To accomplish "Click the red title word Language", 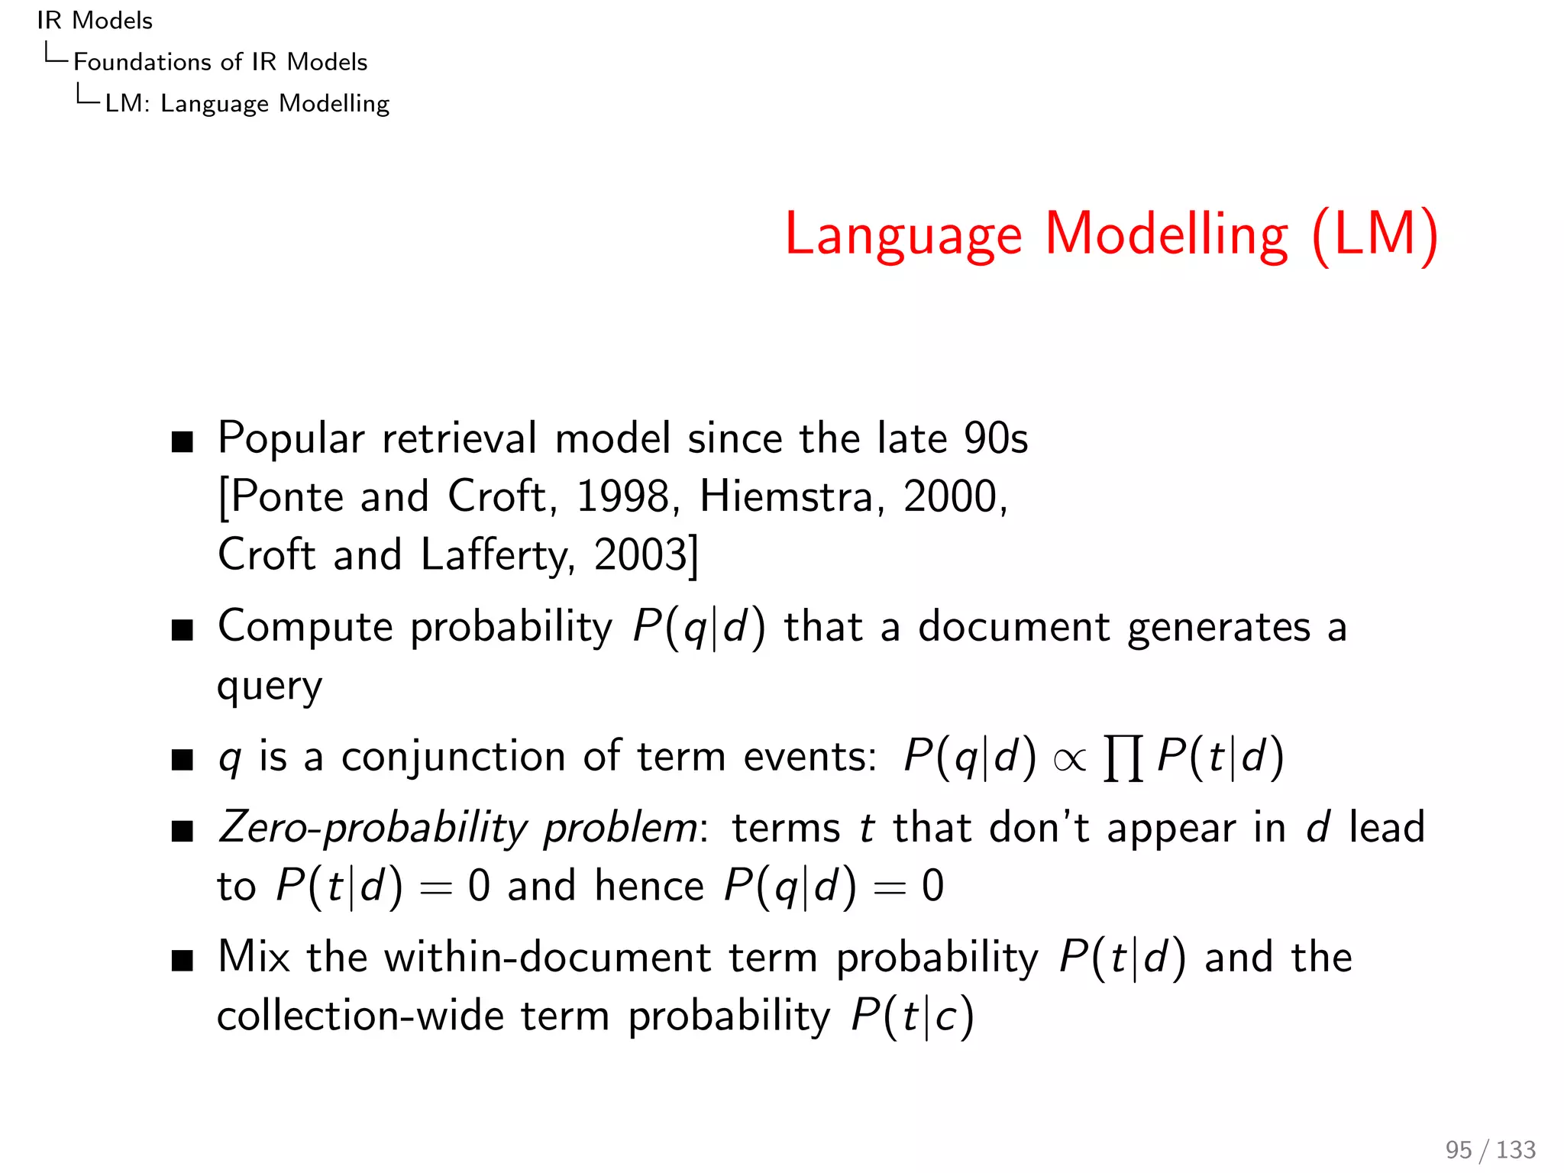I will [x=903, y=235].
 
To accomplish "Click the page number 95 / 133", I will [x=1490, y=1149].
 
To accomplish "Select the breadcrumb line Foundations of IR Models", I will [x=220, y=62].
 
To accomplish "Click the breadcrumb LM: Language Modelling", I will [x=247, y=103].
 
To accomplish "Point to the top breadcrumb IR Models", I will [x=95, y=21].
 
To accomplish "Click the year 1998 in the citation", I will [x=622, y=496].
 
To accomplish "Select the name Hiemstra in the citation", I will [x=786, y=496].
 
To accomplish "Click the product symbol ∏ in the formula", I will [x=1123, y=758].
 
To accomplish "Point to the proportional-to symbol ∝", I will [x=1069, y=759].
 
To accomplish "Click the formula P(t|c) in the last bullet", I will [x=913, y=1016].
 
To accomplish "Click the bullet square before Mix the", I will [x=183, y=960].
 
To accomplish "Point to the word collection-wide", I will [x=360, y=1016].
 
